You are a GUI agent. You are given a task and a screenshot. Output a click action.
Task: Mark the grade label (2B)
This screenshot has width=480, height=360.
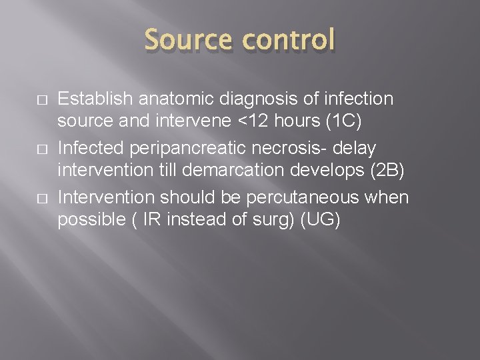coord(388,171)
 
